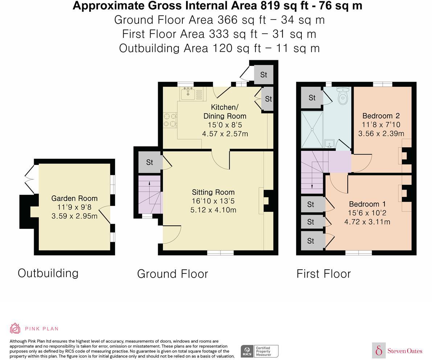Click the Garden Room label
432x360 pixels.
74,198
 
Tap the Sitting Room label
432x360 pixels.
213,192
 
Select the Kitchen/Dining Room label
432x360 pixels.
225,112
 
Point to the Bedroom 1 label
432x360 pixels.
367,204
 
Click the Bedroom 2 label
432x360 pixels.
381,116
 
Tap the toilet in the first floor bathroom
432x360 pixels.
343,95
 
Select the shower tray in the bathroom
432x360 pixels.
312,129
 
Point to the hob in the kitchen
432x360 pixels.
170,120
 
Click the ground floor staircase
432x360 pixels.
149,195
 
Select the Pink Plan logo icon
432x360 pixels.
15,328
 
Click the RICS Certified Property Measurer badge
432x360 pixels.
259,351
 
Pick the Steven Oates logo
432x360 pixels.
397,351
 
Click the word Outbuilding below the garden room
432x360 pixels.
48,273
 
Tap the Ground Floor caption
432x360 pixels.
172,274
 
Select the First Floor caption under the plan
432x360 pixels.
324,274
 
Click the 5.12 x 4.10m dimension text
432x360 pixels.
213,210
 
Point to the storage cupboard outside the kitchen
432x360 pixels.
263,75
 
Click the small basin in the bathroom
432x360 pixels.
329,144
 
